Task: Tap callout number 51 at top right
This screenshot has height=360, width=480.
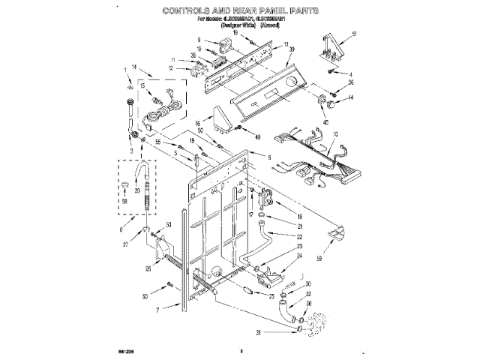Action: pos(354,34)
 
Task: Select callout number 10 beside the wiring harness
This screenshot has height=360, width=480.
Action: pos(335,134)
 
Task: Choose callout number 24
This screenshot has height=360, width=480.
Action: pos(298,256)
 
